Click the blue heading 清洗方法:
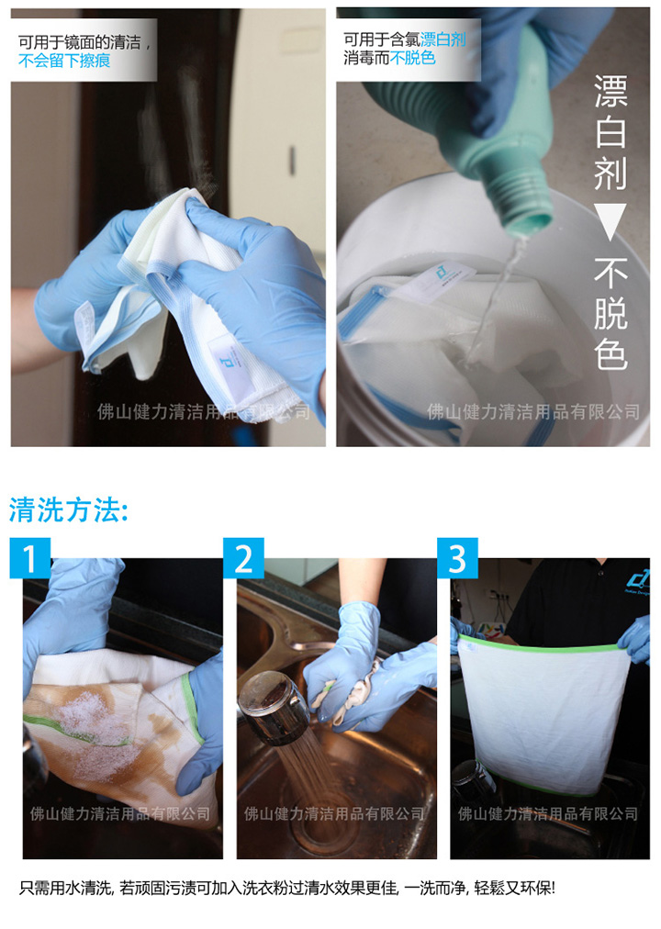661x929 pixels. [x=69, y=509]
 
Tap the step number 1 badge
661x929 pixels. [x=30, y=558]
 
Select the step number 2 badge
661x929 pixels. [x=243, y=558]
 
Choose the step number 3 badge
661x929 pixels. [x=457, y=558]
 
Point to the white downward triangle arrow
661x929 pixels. [x=610, y=221]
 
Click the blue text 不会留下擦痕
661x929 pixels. [x=64, y=61]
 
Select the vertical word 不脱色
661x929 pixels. [x=611, y=313]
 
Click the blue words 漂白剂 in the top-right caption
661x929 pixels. [x=443, y=39]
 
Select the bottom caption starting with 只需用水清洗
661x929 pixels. [x=287, y=888]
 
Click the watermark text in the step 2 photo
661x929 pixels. [x=335, y=813]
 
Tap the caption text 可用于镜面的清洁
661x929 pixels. [x=79, y=42]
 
